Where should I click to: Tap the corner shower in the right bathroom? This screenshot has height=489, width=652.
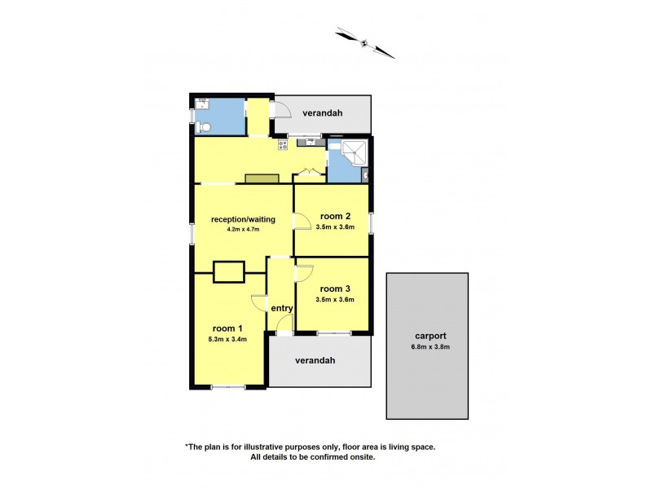pyautogui.click(x=353, y=152)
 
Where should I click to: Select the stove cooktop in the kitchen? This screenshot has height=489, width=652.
pyautogui.click(x=284, y=145)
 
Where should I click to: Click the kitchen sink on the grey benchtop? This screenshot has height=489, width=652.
pyautogui.click(x=311, y=142)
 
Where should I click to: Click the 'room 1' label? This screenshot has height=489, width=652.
pyautogui.click(x=227, y=328)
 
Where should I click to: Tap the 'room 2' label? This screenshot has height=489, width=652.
pyautogui.click(x=335, y=216)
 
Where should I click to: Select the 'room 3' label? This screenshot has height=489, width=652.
pyautogui.click(x=335, y=289)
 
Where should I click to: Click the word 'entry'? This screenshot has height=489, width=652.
pyautogui.click(x=282, y=308)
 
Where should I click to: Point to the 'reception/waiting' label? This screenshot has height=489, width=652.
pyautogui.click(x=243, y=219)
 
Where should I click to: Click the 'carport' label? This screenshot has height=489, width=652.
pyautogui.click(x=428, y=336)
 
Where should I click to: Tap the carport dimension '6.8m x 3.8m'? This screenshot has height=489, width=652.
pyautogui.click(x=428, y=347)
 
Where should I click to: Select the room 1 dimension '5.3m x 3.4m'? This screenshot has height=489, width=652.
pyautogui.click(x=227, y=339)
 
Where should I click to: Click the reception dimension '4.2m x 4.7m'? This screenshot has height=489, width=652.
pyautogui.click(x=243, y=230)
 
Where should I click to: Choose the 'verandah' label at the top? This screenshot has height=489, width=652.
pyautogui.click(x=321, y=113)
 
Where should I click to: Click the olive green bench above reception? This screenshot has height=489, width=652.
pyautogui.click(x=262, y=178)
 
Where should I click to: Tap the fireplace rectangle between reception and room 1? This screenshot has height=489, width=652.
pyautogui.click(x=228, y=272)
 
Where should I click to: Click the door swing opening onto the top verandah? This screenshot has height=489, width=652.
pyautogui.click(x=282, y=108)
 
